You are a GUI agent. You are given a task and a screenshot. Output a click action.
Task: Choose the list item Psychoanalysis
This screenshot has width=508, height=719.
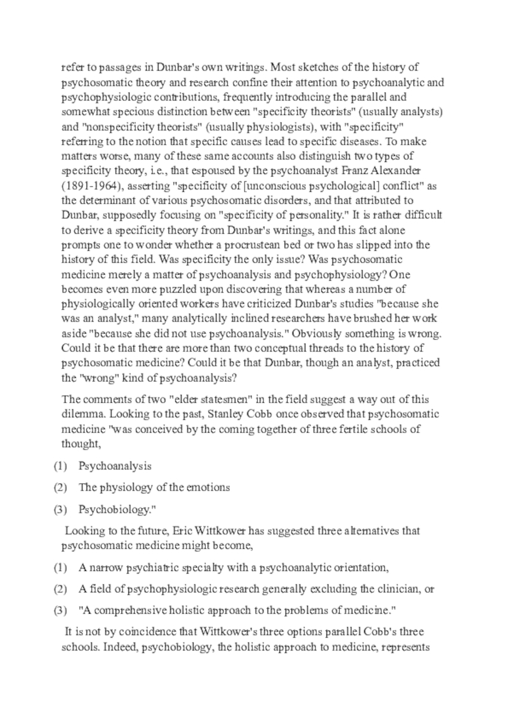115,466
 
